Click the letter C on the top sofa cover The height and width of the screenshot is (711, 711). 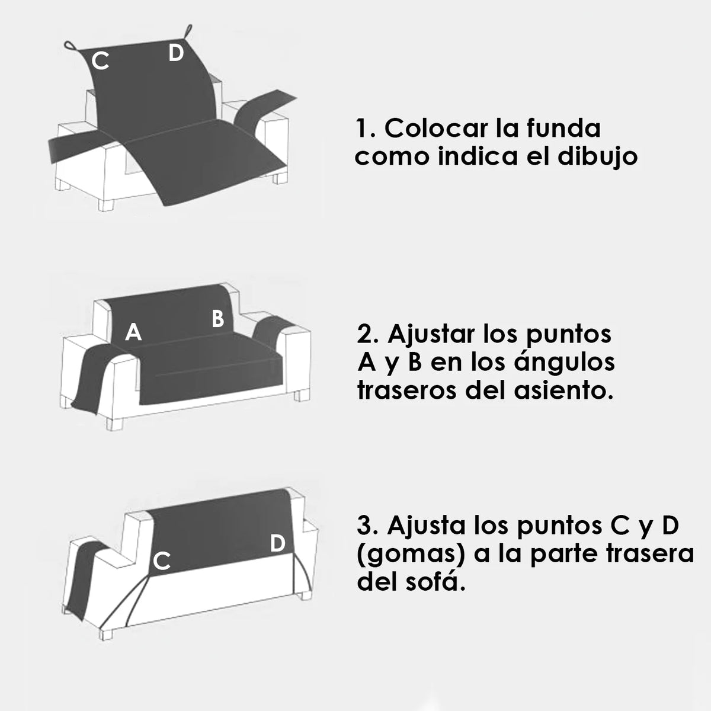(x=100, y=61)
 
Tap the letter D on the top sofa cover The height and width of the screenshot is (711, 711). (x=176, y=53)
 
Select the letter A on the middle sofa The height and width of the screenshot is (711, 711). (x=133, y=332)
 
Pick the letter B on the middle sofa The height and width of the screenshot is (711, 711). (x=217, y=318)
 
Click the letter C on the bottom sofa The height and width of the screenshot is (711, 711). (x=162, y=561)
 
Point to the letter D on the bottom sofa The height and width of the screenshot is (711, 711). (x=277, y=543)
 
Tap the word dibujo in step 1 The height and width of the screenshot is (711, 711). (x=597, y=158)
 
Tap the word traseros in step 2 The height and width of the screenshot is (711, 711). (x=406, y=392)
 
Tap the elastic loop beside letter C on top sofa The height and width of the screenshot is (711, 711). (x=71, y=46)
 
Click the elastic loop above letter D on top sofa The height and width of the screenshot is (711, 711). (x=188, y=31)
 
